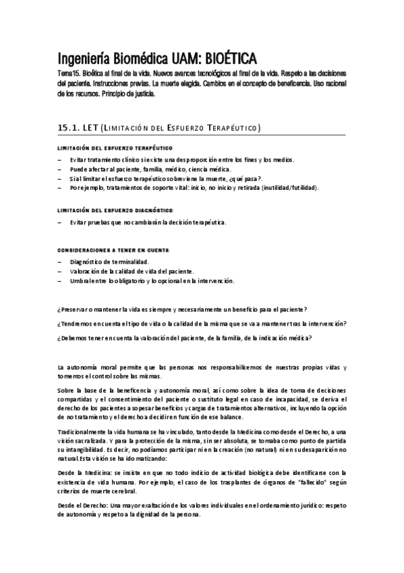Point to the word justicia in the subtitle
click(141, 94)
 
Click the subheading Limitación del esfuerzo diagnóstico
click(111, 210)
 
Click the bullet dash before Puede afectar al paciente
click(59, 168)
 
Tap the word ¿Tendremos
click(74, 323)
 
